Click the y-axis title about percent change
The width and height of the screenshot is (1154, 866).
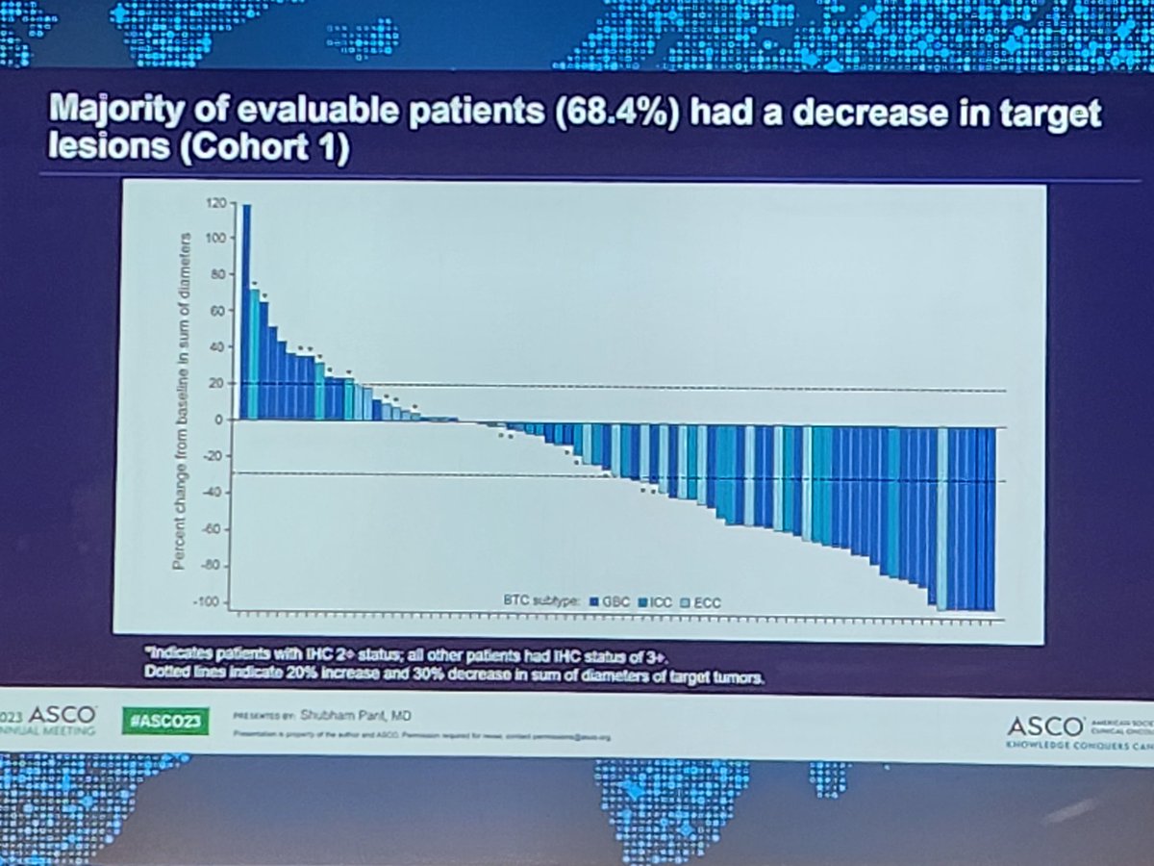pyautogui.click(x=181, y=402)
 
